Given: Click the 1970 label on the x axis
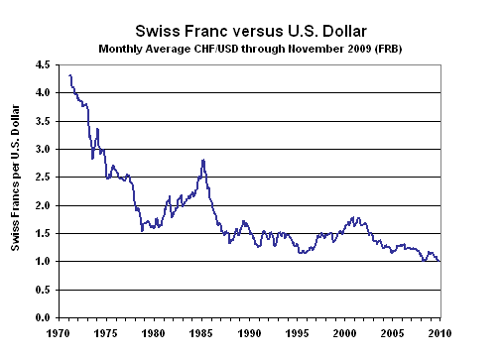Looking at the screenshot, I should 59,334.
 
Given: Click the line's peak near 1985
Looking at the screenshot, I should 202,160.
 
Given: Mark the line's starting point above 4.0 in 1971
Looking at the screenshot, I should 70,75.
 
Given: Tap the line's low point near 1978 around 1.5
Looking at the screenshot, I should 143,230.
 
